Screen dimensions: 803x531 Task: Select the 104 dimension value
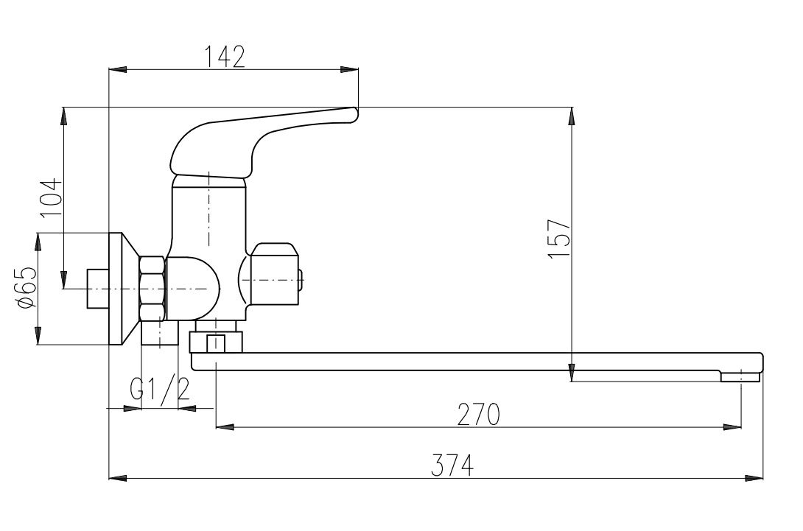(x=52, y=198)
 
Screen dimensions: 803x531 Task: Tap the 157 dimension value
(x=559, y=239)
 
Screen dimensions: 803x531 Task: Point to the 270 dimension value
(x=478, y=415)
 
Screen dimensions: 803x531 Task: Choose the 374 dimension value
(x=452, y=465)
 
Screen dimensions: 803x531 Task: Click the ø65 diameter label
(x=27, y=288)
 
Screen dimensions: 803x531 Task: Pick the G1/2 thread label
(x=160, y=389)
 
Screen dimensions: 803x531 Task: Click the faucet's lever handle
(x=256, y=141)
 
